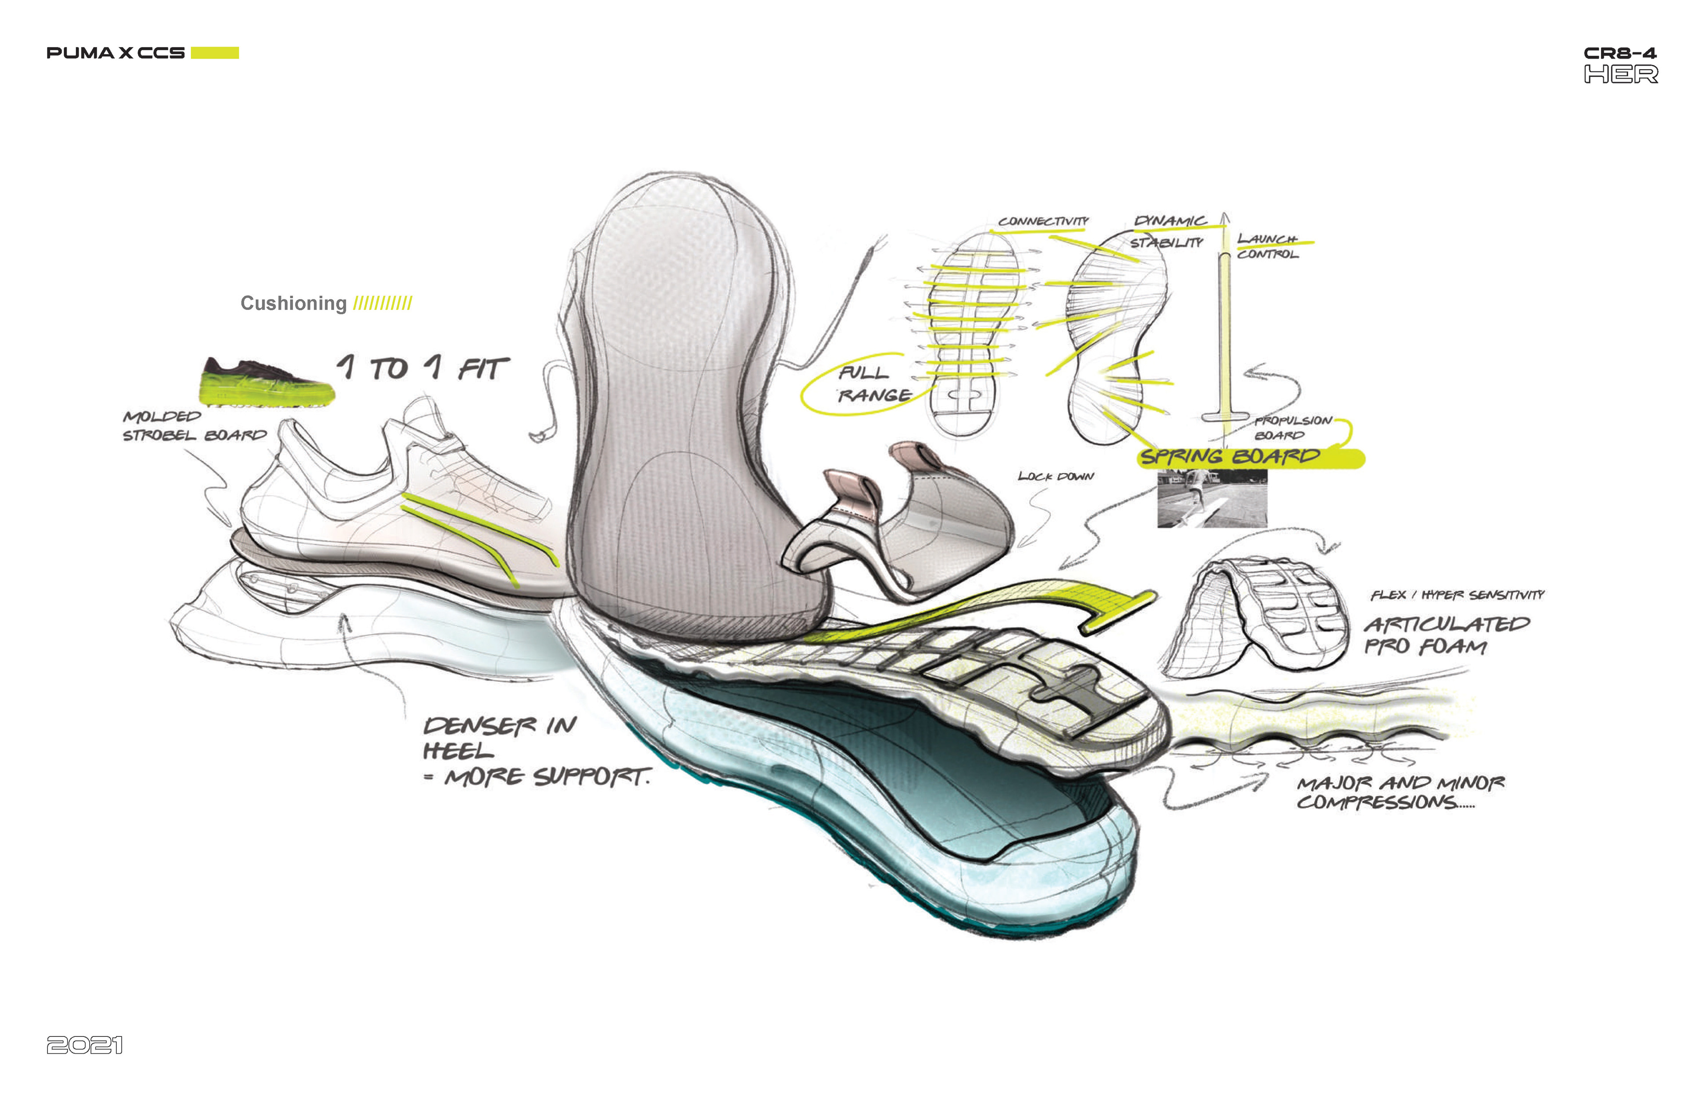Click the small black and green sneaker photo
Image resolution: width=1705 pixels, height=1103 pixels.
pyautogui.click(x=266, y=382)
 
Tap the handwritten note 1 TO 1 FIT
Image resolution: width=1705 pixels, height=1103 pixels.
pyautogui.click(x=423, y=368)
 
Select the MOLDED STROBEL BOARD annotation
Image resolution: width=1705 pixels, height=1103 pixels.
pyautogui.click(x=194, y=426)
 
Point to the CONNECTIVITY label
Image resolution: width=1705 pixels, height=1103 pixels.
pyautogui.click(x=1043, y=221)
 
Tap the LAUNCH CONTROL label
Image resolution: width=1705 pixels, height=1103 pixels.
pyautogui.click(x=1267, y=245)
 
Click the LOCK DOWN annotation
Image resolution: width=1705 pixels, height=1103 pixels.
pyautogui.click(x=1055, y=476)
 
